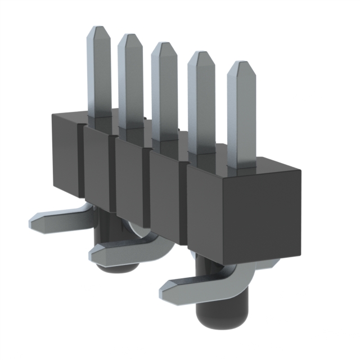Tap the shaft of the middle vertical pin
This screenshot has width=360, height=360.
[165, 96]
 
